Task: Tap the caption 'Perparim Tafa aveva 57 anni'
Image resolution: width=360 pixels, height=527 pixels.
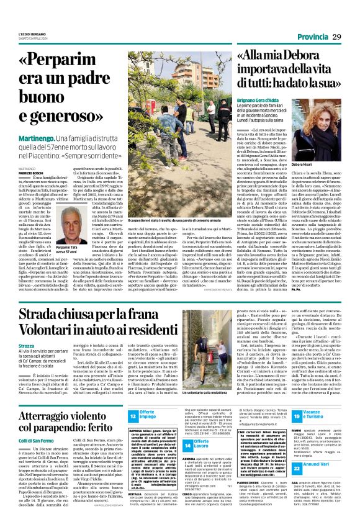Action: click(x=63, y=248)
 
